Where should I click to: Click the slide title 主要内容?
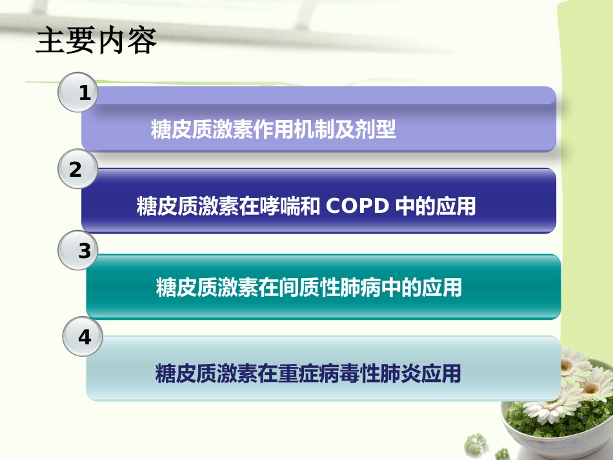[96, 41]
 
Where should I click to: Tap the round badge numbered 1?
[78, 93]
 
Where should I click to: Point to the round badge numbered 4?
[83, 337]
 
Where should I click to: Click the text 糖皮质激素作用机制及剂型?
[273, 130]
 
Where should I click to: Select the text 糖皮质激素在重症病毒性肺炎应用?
[308, 374]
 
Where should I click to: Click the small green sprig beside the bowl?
[477, 443]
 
